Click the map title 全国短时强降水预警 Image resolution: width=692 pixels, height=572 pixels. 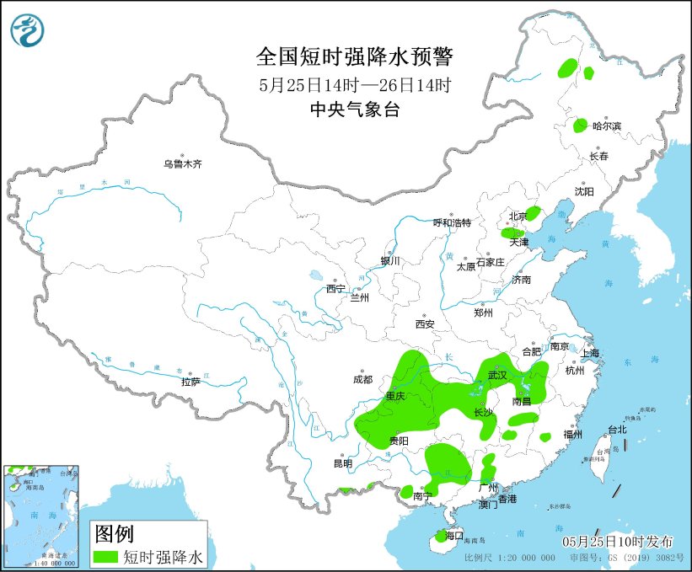tap(354, 57)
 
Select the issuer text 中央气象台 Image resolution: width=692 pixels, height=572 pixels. tap(354, 109)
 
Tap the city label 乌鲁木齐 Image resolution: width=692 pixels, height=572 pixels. tap(183, 163)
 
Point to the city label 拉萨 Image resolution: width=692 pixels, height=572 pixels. tap(190, 382)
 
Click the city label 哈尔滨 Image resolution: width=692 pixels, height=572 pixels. tap(606, 126)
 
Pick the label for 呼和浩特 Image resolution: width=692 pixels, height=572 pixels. tap(452, 222)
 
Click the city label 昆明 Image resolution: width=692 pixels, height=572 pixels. tap(342, 463)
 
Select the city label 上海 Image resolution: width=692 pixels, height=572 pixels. tap(589, 353)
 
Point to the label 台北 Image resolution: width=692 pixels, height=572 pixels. tap(617, 430)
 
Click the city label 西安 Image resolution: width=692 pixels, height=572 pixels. tap(424, 324)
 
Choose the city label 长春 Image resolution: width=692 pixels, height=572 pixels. tap(598, 157)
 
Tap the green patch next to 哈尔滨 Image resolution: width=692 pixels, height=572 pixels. tap(581, 126)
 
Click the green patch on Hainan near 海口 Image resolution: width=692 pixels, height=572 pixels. tap(440, 536)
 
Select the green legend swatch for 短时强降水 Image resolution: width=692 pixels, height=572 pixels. tap(105, 557)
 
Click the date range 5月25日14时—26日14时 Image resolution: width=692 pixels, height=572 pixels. tap(354, 84)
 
